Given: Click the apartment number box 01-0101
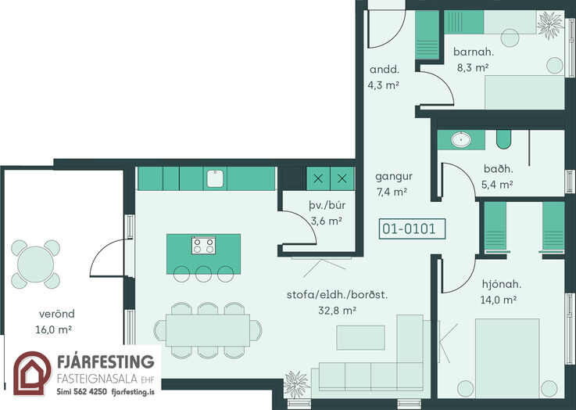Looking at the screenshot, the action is (412, 228).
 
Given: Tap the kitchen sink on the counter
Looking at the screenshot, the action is (215, 178).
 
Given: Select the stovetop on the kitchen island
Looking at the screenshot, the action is (203, 245).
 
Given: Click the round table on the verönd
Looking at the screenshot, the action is (36, 264).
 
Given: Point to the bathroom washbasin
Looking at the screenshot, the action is (461, 140).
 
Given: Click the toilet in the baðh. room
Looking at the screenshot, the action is (503, 139).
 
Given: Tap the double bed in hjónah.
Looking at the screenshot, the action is (507, 358).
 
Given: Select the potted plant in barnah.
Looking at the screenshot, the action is (550, 25).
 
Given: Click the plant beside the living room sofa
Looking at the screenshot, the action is (296, 384).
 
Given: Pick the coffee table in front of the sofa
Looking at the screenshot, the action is (361, 337).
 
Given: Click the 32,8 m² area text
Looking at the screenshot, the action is (337, 311).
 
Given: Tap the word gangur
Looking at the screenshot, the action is (394, 177).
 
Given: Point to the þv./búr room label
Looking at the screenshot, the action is (327, 205).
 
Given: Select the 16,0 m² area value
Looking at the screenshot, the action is (53, 329).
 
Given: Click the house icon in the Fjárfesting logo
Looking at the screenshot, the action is (32, 373).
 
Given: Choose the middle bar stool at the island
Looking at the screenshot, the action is (203, 274).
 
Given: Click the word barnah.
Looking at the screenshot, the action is (474, 52).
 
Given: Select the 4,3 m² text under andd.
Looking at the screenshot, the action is (383, 85).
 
